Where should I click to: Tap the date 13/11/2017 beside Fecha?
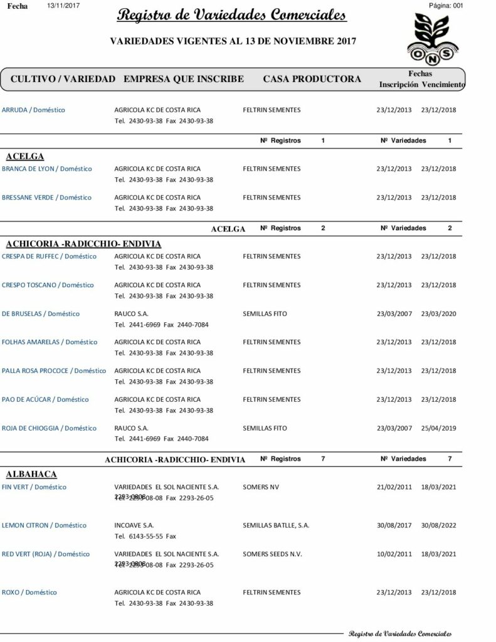(63, 5)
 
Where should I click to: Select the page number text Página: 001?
(445, 5)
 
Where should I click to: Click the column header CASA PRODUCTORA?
(312, 79)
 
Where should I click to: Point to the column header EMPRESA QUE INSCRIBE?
(184, 79)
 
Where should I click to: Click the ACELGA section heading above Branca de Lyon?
(24, 157)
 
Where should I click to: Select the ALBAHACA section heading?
(31, 474)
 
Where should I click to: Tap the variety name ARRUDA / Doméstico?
(34, 110)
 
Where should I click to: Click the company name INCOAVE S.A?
(134, 525)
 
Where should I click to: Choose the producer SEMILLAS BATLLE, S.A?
(276, 525)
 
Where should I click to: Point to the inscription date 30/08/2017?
(394, 525)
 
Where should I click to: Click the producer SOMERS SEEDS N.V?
(272, 554)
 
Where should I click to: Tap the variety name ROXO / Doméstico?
(29, 592)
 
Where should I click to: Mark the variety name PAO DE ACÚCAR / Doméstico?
(45, 399)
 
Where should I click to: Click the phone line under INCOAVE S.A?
(146, 537)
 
